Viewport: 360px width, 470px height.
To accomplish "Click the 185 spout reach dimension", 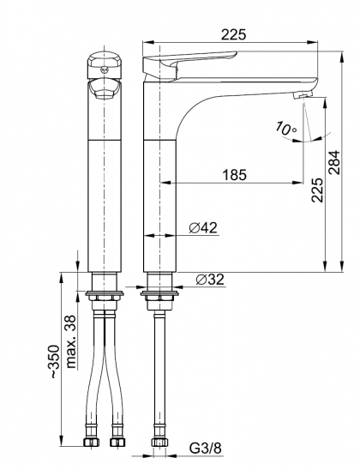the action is tap(235, 175).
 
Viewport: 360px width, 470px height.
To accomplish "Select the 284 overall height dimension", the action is tap(334, 162).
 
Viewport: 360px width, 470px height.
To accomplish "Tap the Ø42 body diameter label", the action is tap(203, 228).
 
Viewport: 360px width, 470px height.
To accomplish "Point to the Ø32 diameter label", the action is tap(210, 280).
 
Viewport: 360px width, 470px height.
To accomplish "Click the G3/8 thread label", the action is tap(206, 449).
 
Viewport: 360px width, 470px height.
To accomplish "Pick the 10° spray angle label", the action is tap(285, 129).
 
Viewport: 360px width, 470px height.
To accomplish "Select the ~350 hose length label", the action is tap(55, 361).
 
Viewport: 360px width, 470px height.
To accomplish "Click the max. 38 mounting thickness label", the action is tap(70, 341).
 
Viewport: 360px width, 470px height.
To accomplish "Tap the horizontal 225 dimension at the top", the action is tap(233, 34).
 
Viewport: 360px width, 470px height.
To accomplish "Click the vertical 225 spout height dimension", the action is tap(317, 190).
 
